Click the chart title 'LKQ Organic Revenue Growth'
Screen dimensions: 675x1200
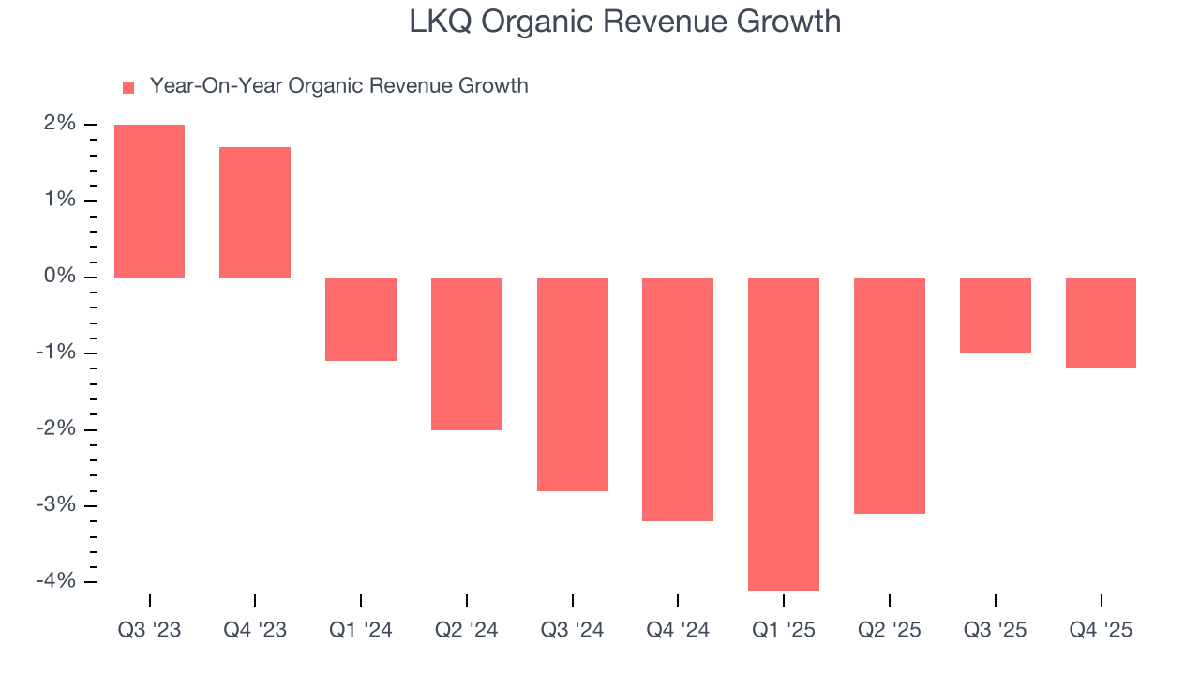[624, 22]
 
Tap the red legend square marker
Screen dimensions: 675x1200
[128, 87]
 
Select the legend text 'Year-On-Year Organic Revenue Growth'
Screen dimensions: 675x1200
[338, 86]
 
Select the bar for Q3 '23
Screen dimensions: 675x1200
[149, 201]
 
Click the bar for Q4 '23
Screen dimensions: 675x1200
[255, 212]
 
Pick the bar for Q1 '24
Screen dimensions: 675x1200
[361, 319]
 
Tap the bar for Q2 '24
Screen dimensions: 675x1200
[467, 353]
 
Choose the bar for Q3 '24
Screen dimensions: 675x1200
[573, 383]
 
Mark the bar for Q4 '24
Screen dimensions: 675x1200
[678, 398]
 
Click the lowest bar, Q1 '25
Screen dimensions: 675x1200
[784, 433]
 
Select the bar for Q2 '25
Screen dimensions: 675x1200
[890, 395]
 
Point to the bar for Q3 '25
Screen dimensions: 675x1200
[996, 315]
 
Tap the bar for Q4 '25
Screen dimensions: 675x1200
[1101, 322]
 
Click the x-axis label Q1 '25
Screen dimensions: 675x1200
[784, 631]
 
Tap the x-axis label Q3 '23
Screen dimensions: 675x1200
[149, 631]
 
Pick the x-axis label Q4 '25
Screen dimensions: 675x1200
[1101, 631]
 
